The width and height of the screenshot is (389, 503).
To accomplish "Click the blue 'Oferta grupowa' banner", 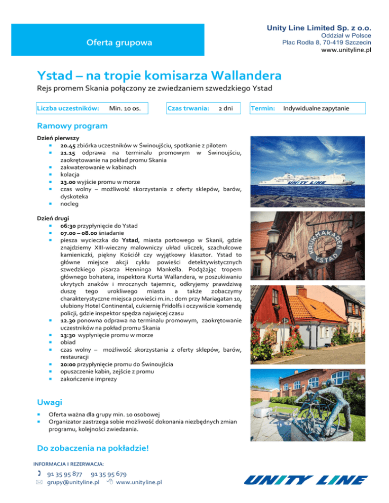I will pos(119,43).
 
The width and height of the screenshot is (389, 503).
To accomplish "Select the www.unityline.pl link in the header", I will pos(342,51).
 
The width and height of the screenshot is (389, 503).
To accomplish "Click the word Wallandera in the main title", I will pos(239,76).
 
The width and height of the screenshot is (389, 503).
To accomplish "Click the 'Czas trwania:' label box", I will pos(188,108).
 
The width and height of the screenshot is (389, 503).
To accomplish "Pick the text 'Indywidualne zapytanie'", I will pos(316,108).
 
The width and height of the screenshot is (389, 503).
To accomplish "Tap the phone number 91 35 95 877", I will pos(65,474).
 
